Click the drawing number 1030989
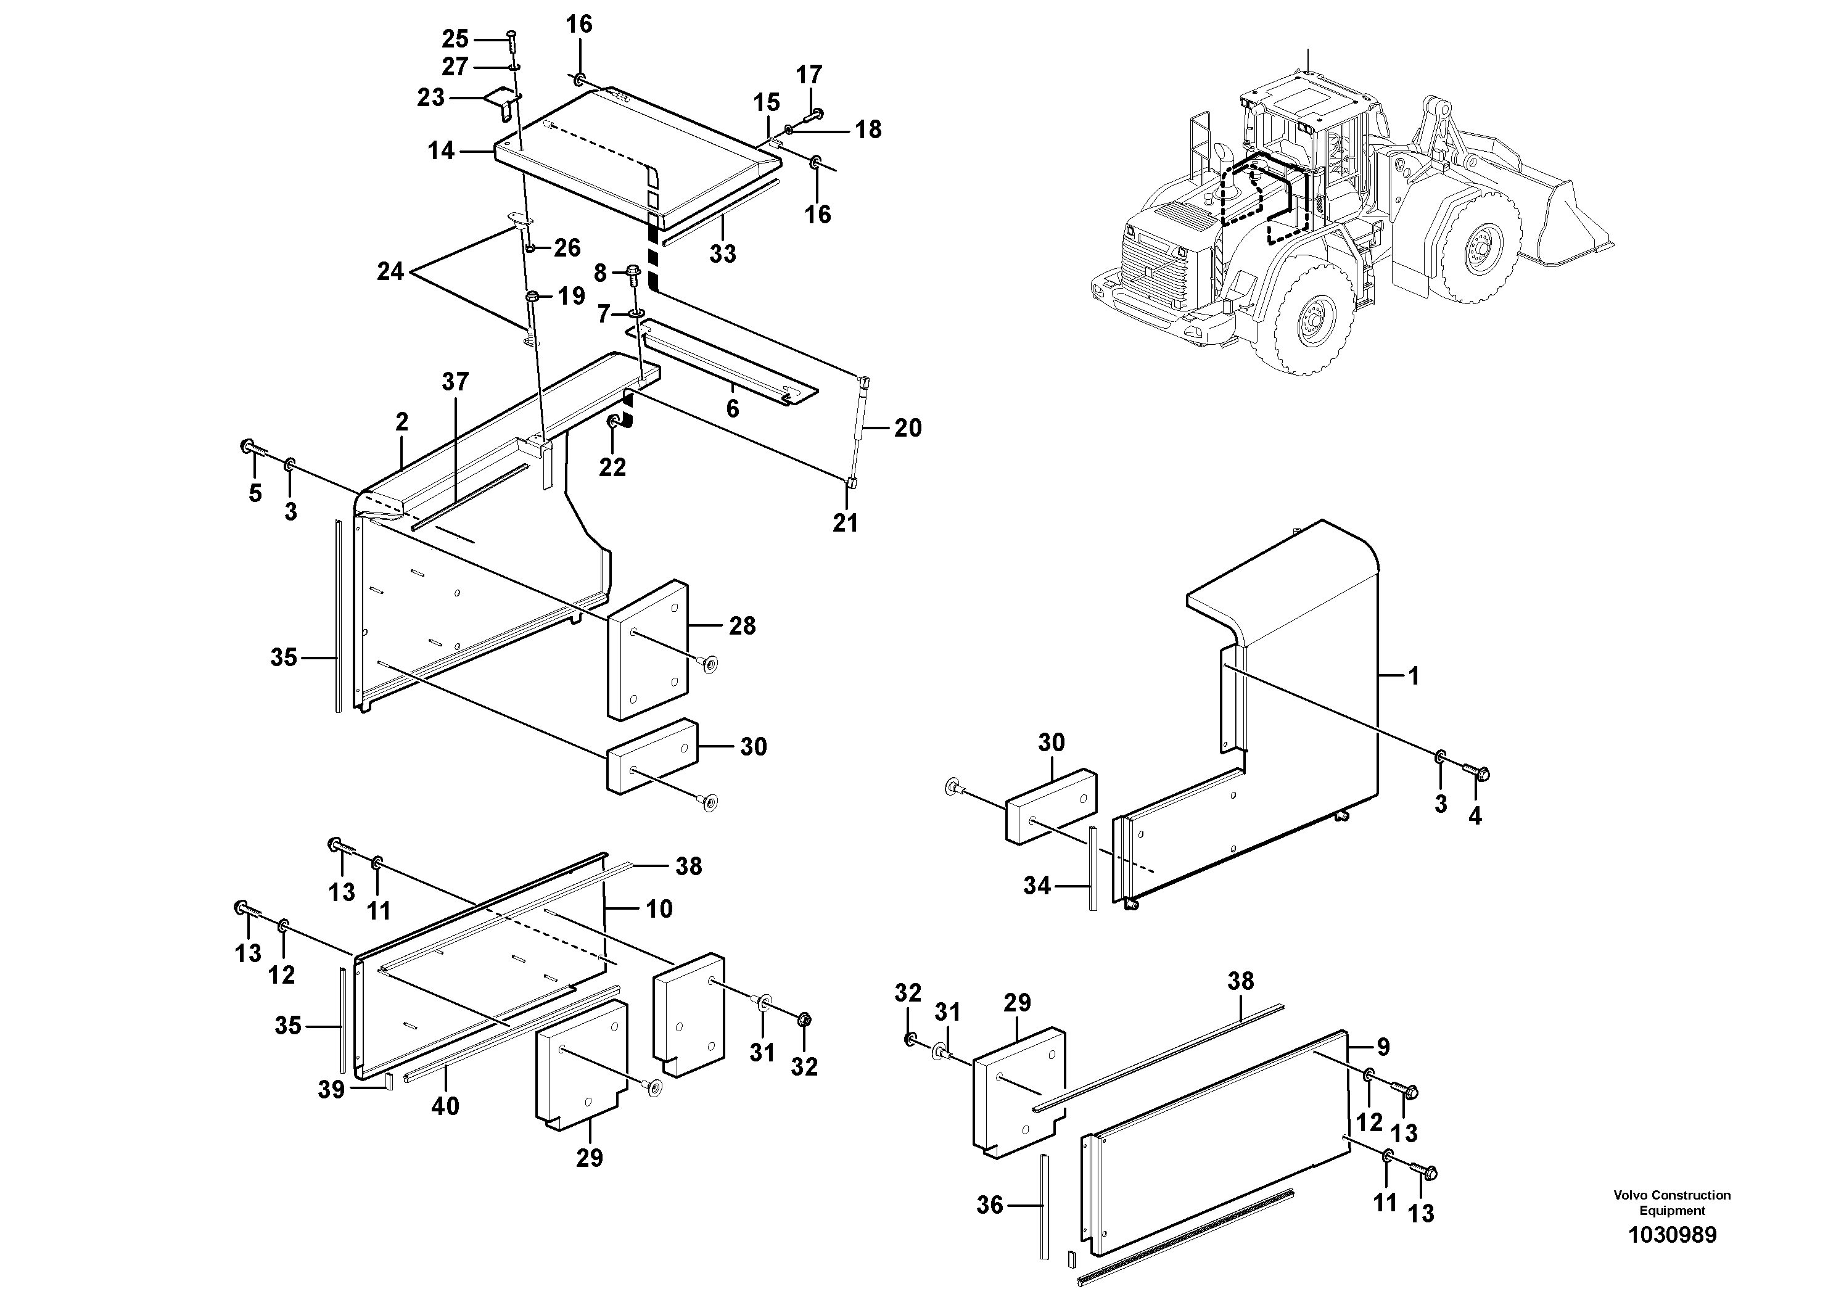click(1671, 1235)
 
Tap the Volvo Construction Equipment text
click(1671, 1202)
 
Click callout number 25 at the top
click(455, 38)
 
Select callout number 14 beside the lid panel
click(440, 150)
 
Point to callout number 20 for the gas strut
click(908, 428)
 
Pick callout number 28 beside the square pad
click(742, 625)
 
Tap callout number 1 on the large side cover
click(1414, 676)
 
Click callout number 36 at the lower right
click(989, 1205)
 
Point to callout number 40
click(445, 1106)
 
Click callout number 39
click(331, 1089)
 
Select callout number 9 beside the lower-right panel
click(1383, 1047)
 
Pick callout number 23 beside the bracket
click(431, 97)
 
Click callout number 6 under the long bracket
click(733, 409)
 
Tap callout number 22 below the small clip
click(612, 467)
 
